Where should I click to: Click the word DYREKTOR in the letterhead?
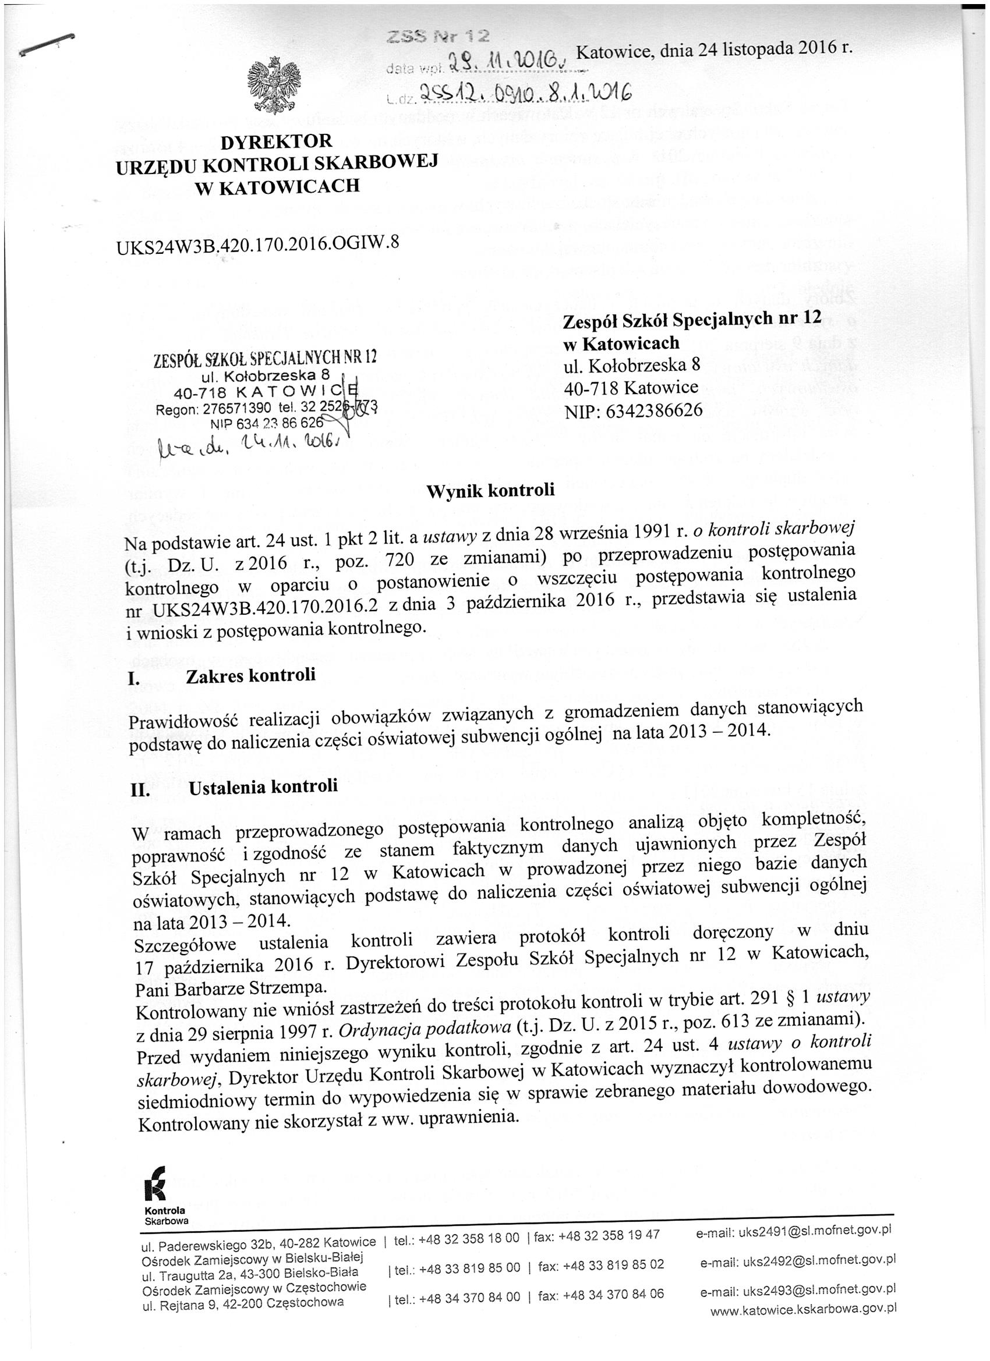coord(276,142)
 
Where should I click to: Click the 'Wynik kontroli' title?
coord(490,490)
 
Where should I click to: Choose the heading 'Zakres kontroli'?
coord(250,676)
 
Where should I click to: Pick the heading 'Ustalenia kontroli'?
coord(263,786)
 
